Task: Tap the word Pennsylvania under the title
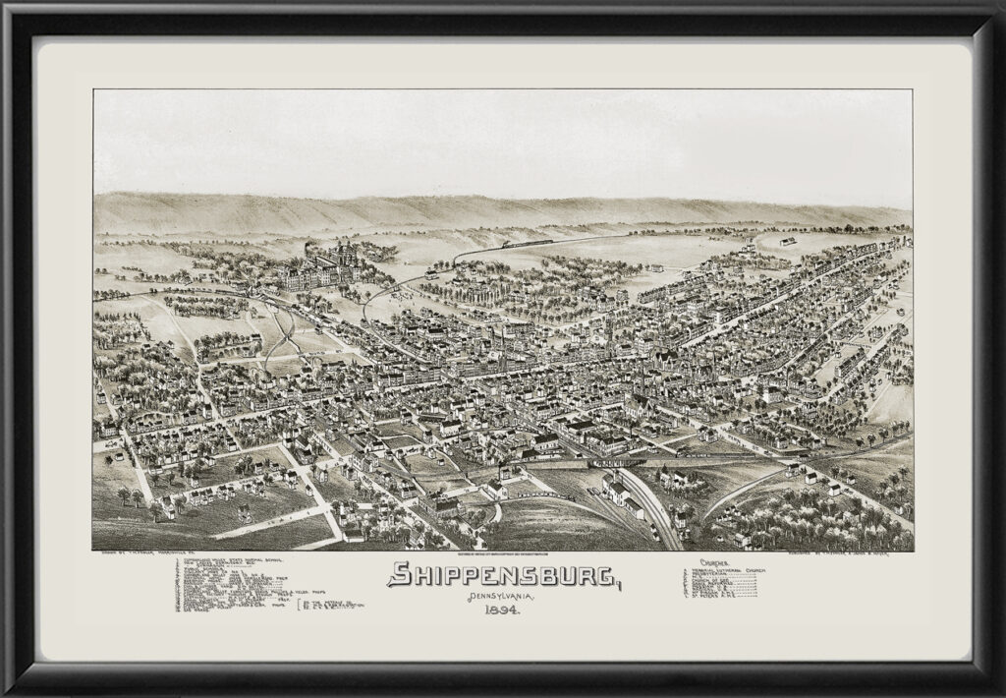[x=505, y=598]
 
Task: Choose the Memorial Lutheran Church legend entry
[x=733, y=572]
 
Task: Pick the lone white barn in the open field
[x=786, y=241]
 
